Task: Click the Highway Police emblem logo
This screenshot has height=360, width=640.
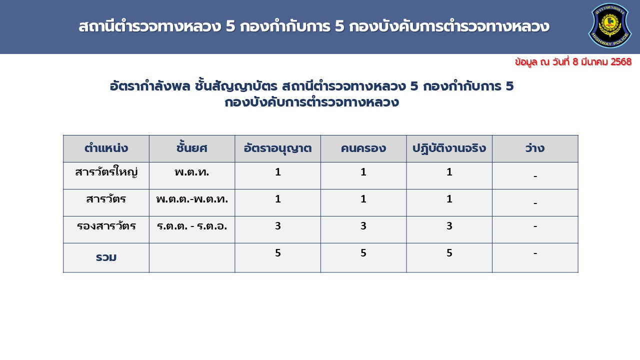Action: click(609, 25)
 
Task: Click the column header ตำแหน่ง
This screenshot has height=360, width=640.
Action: click(106, 148)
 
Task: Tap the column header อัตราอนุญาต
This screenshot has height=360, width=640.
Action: click(277, 148)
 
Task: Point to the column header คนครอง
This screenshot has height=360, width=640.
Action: click(363, 148)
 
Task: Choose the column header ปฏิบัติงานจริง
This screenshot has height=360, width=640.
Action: click(449, 148)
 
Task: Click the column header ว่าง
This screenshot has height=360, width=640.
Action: click(535, 148)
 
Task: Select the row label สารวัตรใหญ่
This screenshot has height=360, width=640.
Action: click(106, 172)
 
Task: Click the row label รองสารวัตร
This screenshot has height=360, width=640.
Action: click(106, 226)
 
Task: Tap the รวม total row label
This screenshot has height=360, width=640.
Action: click(106, 257)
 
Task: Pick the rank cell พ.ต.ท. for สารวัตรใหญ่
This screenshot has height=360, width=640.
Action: click(191, 172)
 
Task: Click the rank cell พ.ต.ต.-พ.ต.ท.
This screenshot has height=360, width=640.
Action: click(192, 199)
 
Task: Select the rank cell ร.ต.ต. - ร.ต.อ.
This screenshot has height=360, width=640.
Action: click(192, 226)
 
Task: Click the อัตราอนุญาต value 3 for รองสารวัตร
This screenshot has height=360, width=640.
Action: click(277, 225)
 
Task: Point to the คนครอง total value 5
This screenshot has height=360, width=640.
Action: click(363, 252)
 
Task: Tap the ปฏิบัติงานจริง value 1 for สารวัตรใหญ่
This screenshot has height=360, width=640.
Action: click(449, 171)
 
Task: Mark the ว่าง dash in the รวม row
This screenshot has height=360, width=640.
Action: click(535, 253)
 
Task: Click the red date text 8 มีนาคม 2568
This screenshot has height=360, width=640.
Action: click(602, 61)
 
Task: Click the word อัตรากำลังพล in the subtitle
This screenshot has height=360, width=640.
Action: click(150, 86)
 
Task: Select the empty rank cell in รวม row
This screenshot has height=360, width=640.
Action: click(192, 257)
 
